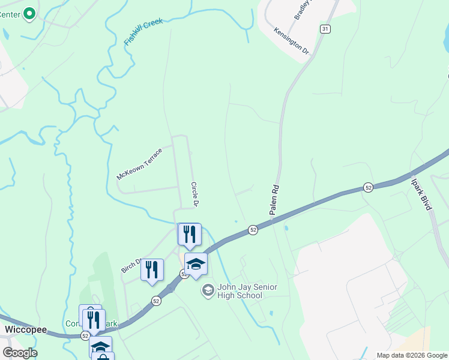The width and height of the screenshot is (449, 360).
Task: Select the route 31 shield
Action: point(325,29)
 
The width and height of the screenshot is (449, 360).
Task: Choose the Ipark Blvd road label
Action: point(421,193)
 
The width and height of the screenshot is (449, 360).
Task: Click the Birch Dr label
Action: point(131,265)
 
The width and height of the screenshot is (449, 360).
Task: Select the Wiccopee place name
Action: point(22,330)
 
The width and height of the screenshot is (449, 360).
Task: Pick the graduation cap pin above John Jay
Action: point(196,264)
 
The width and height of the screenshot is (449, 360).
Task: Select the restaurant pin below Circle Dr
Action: point(190,234)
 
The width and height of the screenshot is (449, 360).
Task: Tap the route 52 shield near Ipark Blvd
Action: point(369,187)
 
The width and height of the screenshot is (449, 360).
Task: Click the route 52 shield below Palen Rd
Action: point(253,229)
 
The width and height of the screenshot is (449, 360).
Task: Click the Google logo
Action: point(20,353)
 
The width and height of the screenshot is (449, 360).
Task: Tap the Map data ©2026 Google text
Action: point(411,355)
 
